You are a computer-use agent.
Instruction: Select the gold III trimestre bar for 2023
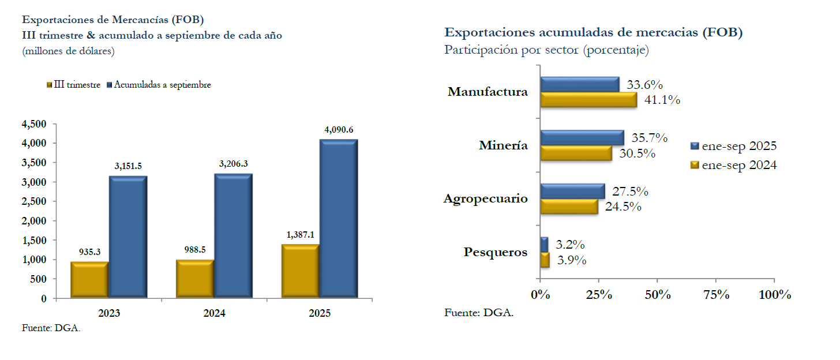pyautogui.click(x=89, y=280)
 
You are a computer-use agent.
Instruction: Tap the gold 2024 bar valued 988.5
pyautogui.click(x=195, y=279)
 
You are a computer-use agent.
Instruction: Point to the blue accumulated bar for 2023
pyautogui.click(x=127, y=237)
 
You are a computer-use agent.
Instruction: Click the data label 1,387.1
pyautogui.click(x=300, y=235)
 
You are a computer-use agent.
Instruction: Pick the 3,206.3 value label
pyautogui.click(x=233, y=164)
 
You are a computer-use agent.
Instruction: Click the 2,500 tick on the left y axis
pyautogui.click(x=34, y=201)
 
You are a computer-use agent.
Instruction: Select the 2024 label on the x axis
pyautogui.click(x=214, y=314)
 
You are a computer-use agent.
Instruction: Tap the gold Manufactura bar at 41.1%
pyautogui.click(x=588, y=100)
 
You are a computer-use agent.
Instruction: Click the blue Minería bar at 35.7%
pyautogui.click(x=582, y=138)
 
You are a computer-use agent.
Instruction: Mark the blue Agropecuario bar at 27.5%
pyautogui.click(x=572, y=191)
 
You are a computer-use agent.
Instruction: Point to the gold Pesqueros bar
pyautogui.click(x=545, y=260)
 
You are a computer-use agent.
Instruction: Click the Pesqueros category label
pyautogui.click(x=496, y=252)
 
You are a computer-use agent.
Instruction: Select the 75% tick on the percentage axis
pyautogui.click(x=717, y=295)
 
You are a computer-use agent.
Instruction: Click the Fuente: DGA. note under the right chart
pyautogui.click(x=479, y=313)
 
